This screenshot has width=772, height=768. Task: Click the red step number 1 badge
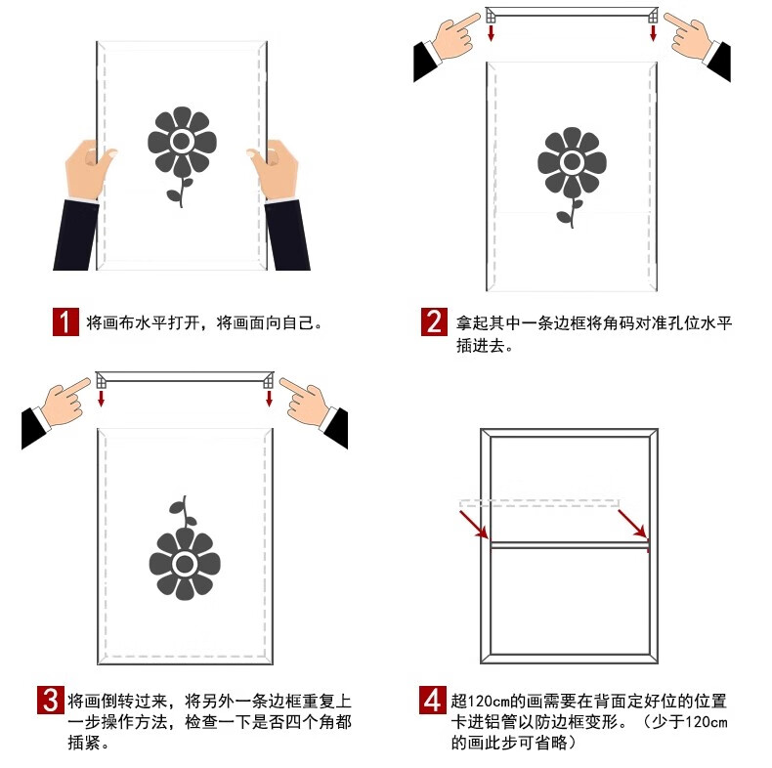pos(65,322)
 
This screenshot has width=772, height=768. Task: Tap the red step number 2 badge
pos(434,322)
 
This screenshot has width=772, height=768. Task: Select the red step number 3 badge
pos(51,700)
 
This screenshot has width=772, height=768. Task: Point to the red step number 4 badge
pos(433,700)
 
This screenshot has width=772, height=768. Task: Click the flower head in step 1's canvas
pos(182,142)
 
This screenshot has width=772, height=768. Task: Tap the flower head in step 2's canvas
pos(572,162)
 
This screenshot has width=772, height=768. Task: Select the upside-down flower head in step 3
pos(185,564)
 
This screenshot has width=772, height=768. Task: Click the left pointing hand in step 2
pos(454,36)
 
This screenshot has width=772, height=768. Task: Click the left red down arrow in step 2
pos(491,33)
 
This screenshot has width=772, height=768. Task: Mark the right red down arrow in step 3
pos(269,399)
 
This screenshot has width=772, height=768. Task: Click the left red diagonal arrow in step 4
pos(474,525)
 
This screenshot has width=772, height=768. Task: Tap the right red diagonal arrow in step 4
pos(632,524)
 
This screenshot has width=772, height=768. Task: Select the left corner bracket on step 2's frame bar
pos(491,17)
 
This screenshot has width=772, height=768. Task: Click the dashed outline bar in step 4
pos(539,503)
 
